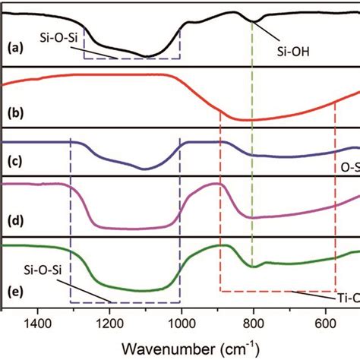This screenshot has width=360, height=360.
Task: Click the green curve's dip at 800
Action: point(253,267)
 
